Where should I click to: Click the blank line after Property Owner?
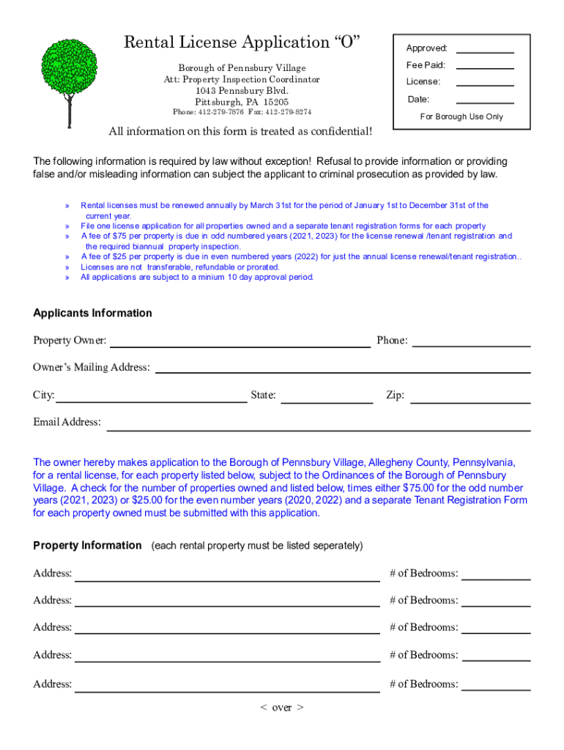coord(240,342)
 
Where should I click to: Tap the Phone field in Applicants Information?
coord(471,341)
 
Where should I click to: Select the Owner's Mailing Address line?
coord(342,368)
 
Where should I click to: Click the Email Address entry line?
coord(318,426)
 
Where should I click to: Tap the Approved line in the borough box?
coord(485,49)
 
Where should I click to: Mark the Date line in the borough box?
coord(485,100)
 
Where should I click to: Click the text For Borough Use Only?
coord(461,116)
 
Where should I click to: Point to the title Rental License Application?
coord(242,42)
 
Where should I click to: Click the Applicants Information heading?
coord(92,313)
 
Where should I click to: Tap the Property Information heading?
coord(87,545)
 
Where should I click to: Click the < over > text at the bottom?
coord(282,707)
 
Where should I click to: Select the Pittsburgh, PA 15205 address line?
coord(242,102)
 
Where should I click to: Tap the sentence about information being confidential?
coord(240,132)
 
